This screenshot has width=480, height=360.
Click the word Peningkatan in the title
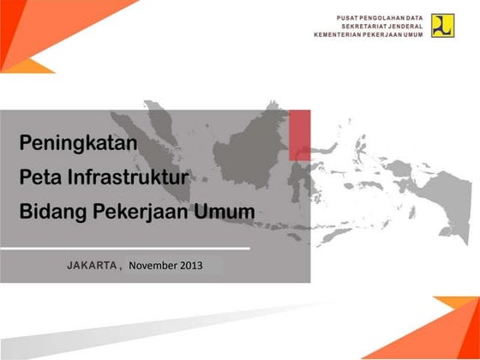[79, 143]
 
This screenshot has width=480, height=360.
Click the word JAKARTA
[92, 265]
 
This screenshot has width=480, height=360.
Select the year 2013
[192, 265]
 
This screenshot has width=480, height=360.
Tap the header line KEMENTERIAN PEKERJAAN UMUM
[369, 35]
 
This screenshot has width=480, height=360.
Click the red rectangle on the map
[299, 135]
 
